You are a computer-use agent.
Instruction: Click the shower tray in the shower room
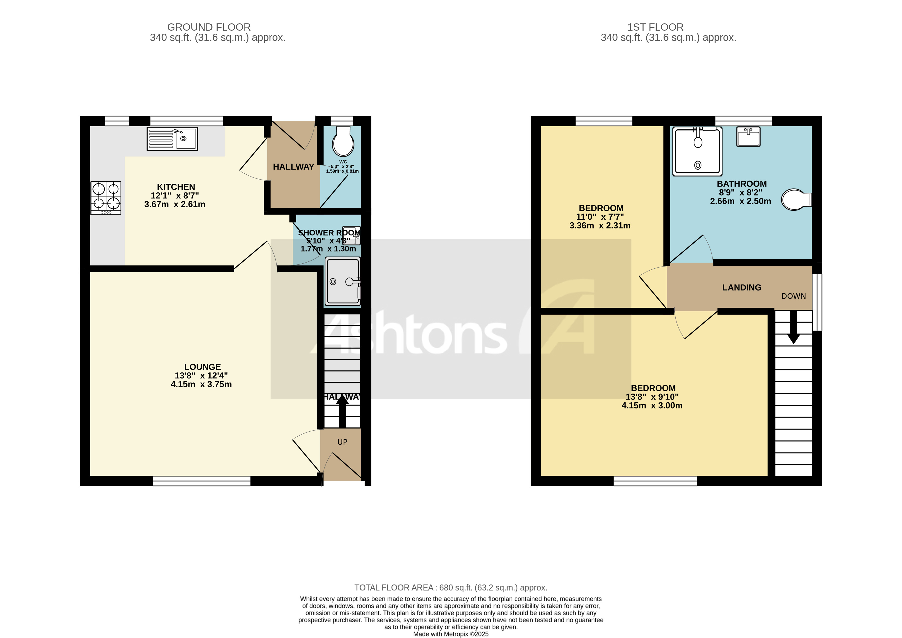343,281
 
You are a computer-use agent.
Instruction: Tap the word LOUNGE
202,367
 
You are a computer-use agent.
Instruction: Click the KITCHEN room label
176,187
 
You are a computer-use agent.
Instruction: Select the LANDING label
741,288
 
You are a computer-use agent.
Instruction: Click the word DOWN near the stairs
793,296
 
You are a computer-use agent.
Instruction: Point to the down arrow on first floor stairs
793,328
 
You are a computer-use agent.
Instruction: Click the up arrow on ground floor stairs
342,411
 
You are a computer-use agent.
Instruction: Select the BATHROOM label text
741,184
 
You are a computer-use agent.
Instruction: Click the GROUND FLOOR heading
209,27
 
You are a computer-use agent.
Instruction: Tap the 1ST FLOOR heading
655,27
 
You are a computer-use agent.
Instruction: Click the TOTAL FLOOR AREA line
451,588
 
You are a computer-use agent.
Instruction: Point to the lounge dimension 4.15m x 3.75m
201,384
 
